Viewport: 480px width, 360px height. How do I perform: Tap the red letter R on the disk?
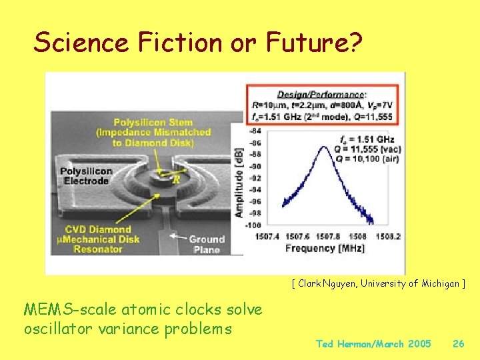pos(177,179)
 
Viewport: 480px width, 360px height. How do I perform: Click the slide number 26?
pos(458,344)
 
